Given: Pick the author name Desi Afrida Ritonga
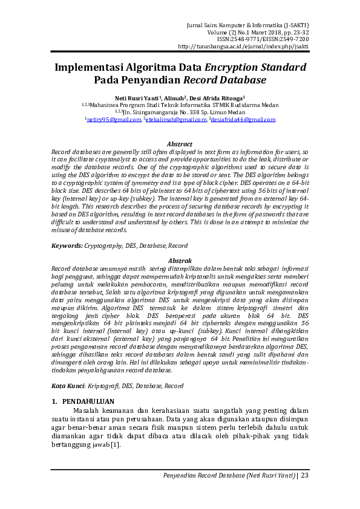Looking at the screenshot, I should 217,97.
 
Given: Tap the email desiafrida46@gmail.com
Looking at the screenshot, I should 243,120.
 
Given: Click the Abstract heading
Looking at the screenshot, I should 180,144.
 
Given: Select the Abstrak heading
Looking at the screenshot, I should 180,259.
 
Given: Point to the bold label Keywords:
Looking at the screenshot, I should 67,245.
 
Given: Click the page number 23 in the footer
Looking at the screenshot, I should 304,476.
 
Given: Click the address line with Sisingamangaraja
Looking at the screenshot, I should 180,112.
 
